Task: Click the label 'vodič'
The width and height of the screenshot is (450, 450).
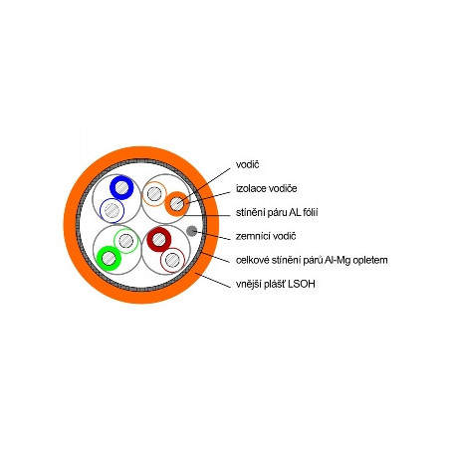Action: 247,164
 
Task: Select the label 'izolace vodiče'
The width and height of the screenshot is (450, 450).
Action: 267,188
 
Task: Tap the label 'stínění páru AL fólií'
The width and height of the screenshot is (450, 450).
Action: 277,212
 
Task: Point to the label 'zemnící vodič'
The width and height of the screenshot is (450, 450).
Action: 266,236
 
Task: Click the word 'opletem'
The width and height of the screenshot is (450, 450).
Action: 370,260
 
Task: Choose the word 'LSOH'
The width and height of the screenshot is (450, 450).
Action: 302,284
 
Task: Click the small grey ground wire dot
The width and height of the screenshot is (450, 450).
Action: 191,231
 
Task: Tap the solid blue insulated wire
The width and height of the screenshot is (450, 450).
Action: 121,187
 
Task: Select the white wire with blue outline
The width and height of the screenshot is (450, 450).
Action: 112,210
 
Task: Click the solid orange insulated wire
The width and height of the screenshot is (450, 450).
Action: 177,204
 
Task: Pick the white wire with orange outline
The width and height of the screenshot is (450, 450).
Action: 154,194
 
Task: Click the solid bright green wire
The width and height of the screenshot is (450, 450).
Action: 109,258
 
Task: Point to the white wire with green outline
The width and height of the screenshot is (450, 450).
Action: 126,241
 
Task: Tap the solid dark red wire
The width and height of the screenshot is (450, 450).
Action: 159,239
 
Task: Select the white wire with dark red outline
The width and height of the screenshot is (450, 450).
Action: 172,260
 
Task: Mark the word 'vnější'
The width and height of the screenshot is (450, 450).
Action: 247,284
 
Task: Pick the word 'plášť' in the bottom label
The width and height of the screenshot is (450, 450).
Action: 274,284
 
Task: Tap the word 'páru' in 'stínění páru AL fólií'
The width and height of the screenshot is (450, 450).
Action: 277,212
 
